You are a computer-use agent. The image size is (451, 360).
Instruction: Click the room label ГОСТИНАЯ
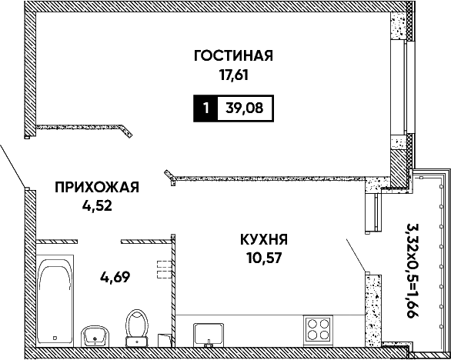tap(233, 56)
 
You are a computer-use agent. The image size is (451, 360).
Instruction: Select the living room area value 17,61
tap(233, 75)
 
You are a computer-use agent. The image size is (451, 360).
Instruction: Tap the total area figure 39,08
tap(245, 108)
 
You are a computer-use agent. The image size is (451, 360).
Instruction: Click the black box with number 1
tap(205, 108)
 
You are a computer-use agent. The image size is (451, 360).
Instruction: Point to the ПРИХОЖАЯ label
tap(97, 187)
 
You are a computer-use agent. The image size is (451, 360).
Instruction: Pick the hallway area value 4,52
tap(97, 206)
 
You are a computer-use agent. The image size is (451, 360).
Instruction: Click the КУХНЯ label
tap(264, 239)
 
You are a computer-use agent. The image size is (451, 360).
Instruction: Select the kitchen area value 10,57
tap(264, 258)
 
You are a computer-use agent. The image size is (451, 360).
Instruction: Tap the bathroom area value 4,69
tap(115, 277)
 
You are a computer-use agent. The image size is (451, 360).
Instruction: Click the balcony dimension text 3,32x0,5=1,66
tap(413, 270)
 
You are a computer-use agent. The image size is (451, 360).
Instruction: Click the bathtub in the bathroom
tap(55, 301)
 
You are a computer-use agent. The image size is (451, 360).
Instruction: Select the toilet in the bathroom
tap(137, 328)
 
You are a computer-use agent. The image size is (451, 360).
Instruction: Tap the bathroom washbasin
tap(95, 336)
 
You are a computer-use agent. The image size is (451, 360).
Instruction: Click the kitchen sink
tap(209, 335)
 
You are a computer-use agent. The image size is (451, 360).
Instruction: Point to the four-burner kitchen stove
tap(318, 331)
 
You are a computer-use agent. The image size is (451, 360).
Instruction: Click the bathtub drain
tap(55, 338)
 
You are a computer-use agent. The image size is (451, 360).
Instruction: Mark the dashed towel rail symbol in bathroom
tap(164, 269)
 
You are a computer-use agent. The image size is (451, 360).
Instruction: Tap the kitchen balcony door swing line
tap(356, 255)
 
